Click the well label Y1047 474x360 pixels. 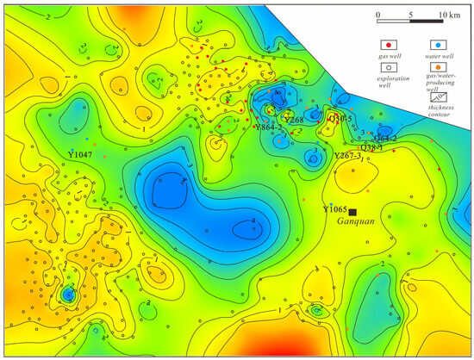[x=79, y=155]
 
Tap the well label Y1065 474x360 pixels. [x=334, y=209]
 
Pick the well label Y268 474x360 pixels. [x=294, y=120]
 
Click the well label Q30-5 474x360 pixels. [x=341, y=119]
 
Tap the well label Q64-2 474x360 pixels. [x=385, y=138]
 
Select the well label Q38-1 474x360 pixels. [x=372, y=147]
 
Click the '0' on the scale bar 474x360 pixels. [x=379, y=16]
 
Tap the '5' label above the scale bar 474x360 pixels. [x=411, y=16]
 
